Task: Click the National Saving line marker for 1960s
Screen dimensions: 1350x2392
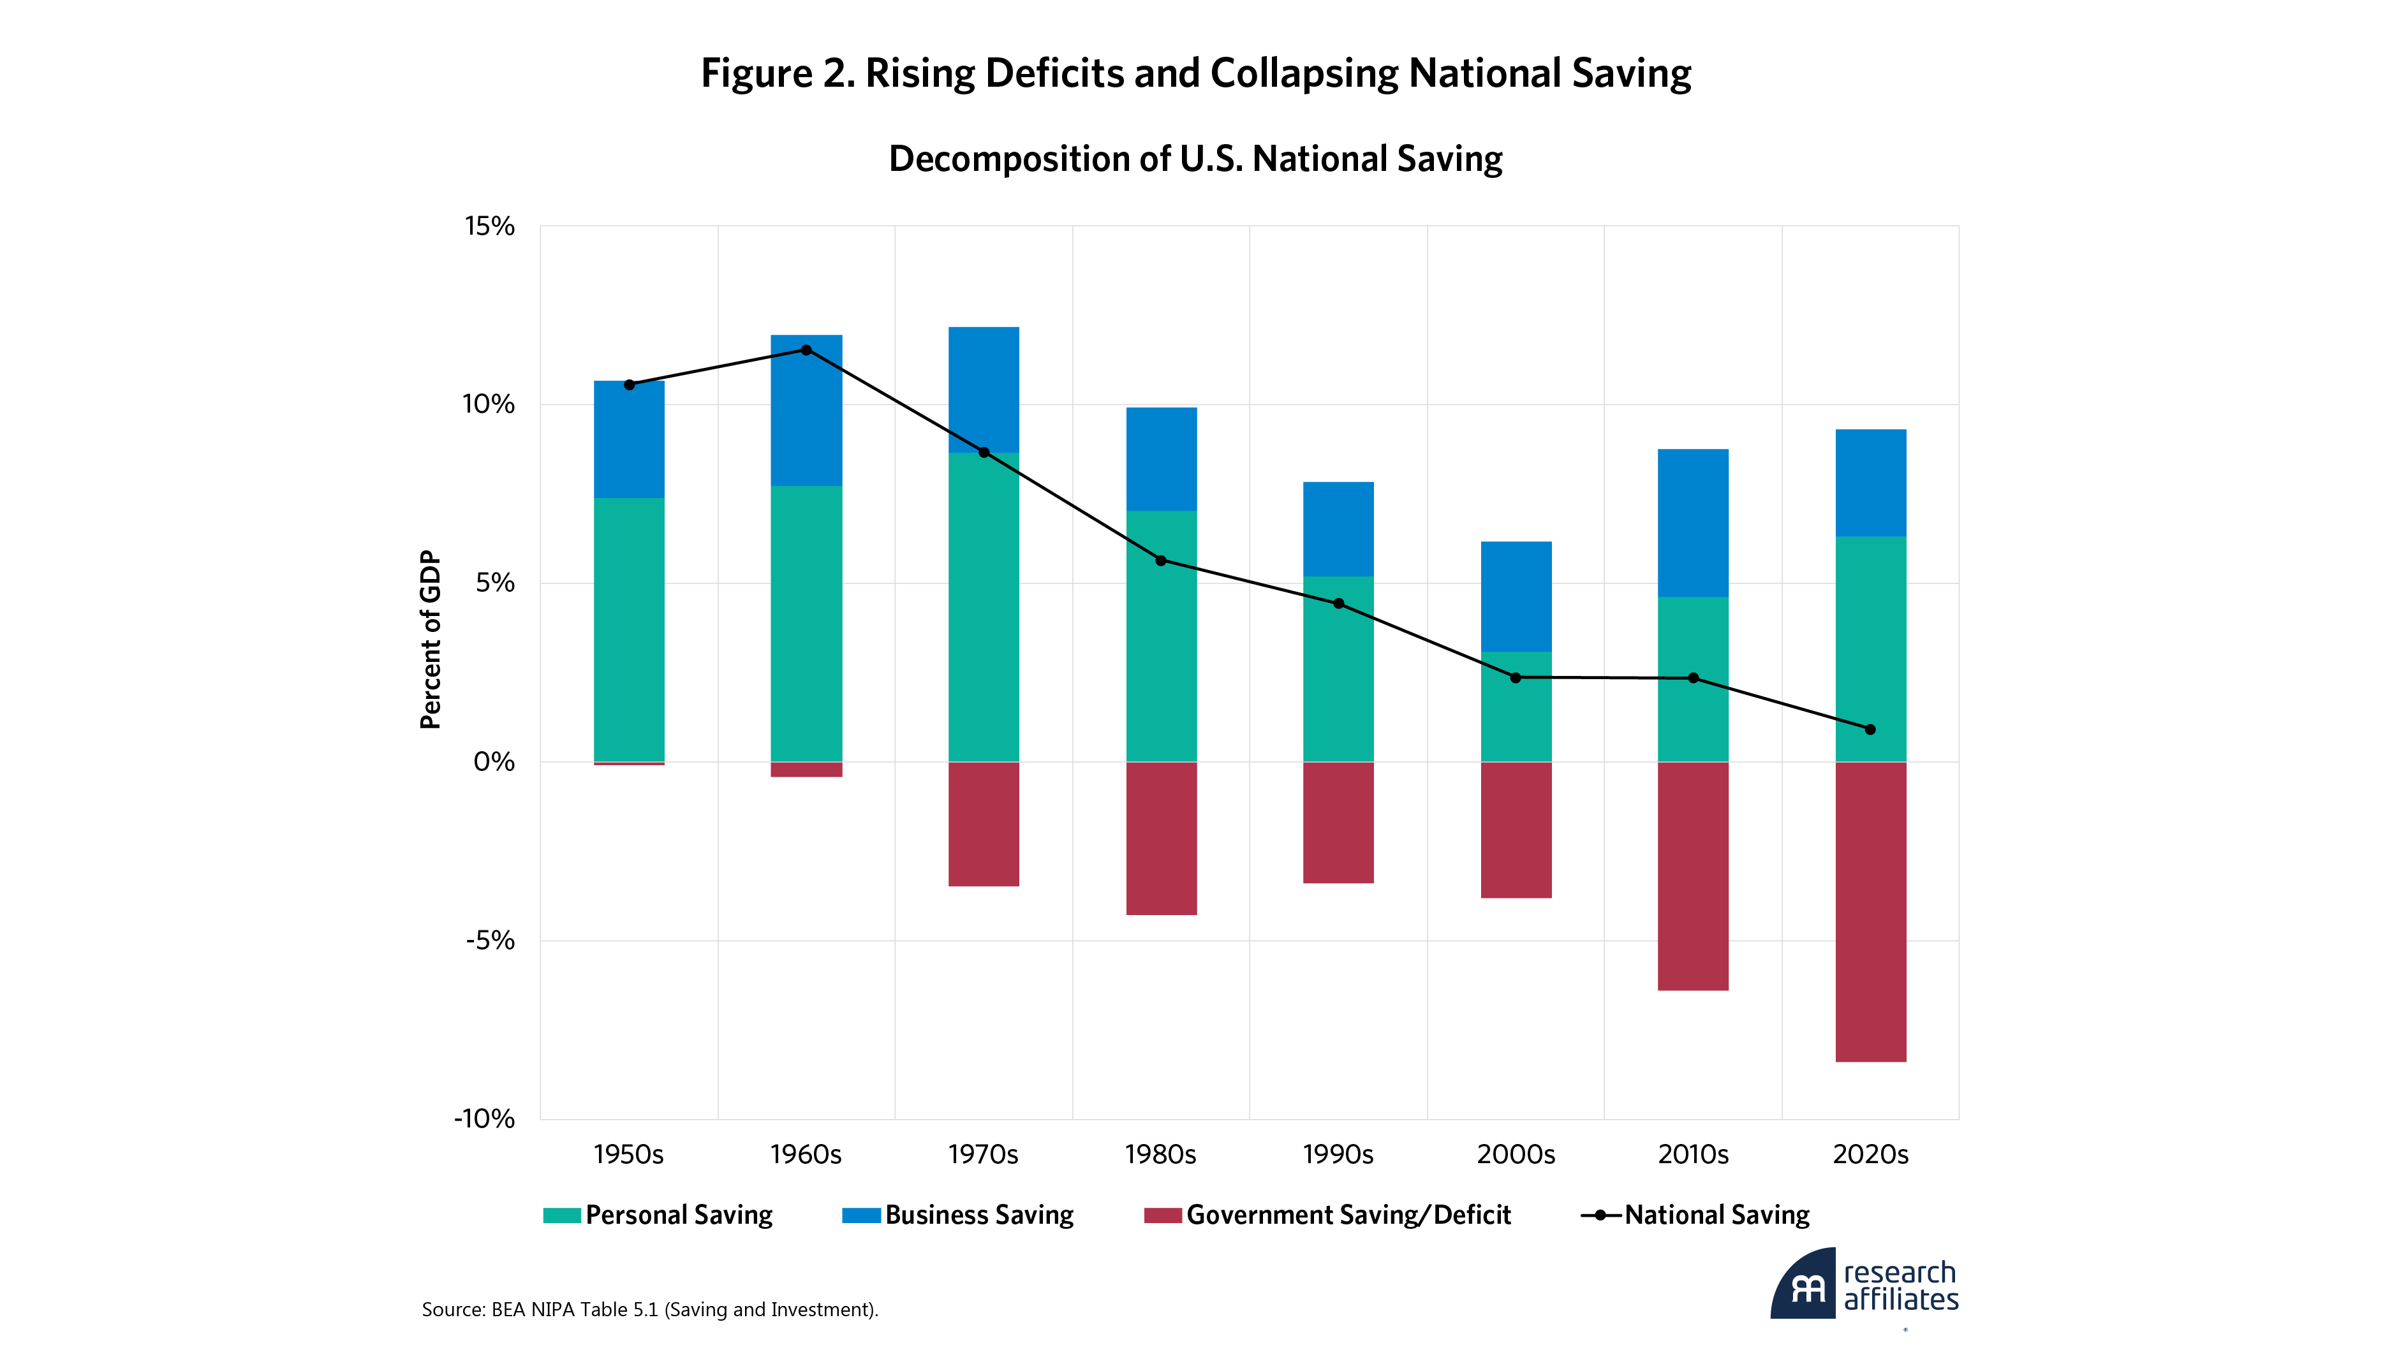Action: (806, 350)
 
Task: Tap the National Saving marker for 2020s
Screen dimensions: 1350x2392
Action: (1870, 730)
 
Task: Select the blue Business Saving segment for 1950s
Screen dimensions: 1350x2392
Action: (629, 439)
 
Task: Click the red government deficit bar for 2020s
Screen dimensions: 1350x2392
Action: (1870, 912)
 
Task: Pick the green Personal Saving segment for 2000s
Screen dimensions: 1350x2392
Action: (1516, 707)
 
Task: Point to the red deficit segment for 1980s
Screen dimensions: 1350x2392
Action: (1161, 839)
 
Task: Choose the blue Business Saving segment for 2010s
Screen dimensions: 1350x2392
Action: (1693, 523)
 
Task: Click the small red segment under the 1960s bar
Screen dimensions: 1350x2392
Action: (806, 770)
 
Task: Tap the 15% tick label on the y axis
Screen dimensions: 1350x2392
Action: (489, 226)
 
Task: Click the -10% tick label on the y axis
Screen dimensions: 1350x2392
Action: (484, 1119)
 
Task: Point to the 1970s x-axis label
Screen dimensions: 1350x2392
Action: (982, 1155)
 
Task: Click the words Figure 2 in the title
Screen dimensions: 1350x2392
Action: (777, 73)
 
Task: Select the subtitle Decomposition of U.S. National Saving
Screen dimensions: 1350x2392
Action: (1195, 159)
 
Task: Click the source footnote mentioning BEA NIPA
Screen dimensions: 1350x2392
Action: (649, 1310)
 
